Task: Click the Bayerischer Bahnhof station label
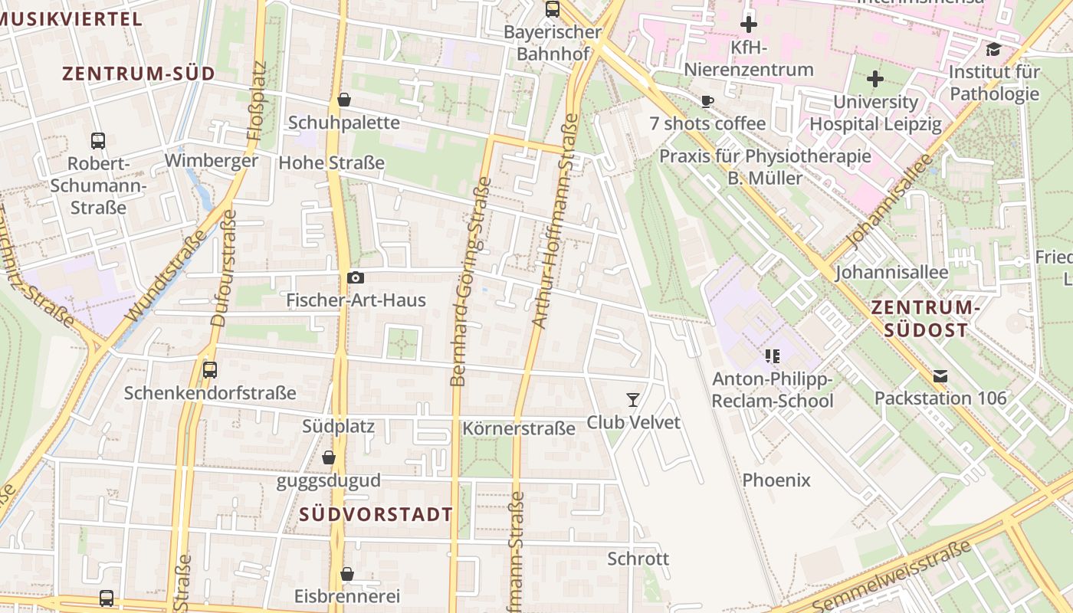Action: coord(553,44)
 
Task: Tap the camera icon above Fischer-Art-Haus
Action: coord(356,278)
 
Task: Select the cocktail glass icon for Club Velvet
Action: coord(633,399)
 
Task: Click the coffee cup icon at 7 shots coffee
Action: coord(707,101)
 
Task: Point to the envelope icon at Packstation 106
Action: coord(940,376)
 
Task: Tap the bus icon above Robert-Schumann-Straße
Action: coord(98,141)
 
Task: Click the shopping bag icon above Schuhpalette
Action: coord(344,100)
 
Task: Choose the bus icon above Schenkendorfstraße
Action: coord(210,370)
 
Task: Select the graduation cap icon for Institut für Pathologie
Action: coord(994,50)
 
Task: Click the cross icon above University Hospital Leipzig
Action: coord(875,79)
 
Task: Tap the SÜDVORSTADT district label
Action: coord(376,513)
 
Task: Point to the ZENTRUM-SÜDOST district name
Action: coord(926,319)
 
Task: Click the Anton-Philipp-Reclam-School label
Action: coord(773,390)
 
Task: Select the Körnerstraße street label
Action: coord(519,428)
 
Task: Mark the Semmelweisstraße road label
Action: coord(892,576)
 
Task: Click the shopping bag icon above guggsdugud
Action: coord(329,458)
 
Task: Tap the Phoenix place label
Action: coord(776,480)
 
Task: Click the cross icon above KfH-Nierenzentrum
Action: coord(749,25)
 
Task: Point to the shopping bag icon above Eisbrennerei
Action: coord(347,574)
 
